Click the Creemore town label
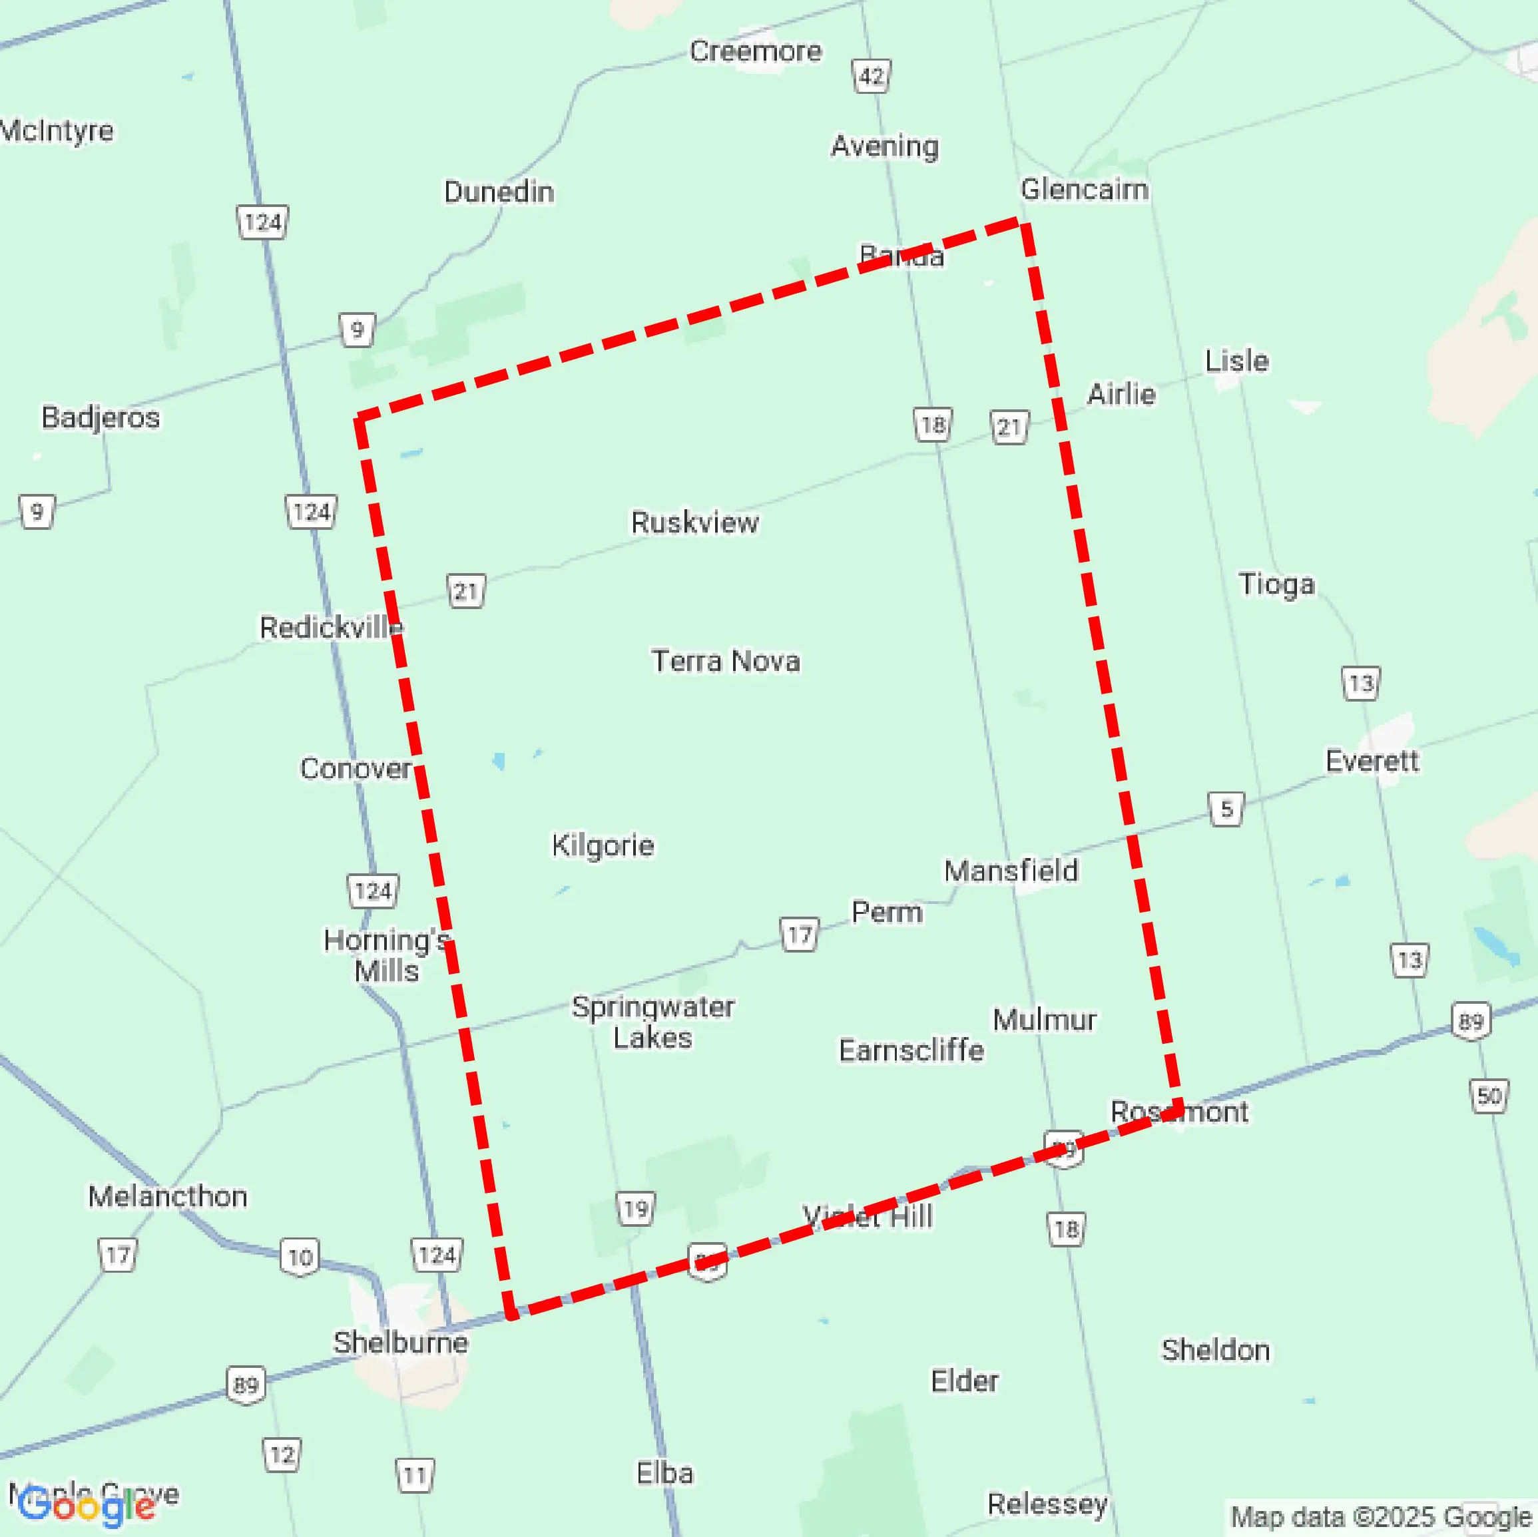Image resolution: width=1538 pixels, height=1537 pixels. [754, 51]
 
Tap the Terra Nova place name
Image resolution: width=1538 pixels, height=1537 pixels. [725, 660]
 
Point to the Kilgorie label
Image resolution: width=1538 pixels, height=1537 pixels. [603, 845]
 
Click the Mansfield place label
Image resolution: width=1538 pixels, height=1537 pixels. [1011, 871]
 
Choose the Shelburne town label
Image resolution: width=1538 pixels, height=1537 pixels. [400, 1342]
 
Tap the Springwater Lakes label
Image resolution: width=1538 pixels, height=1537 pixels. [652, 1022]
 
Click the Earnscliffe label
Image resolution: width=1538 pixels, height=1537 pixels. [911, 1050]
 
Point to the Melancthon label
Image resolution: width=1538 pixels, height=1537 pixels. [167, 1196]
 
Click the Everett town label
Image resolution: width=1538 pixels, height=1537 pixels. [1372, 761]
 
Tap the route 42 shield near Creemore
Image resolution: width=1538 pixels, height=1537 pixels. [872, 77]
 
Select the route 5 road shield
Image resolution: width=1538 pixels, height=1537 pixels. [1226, 809]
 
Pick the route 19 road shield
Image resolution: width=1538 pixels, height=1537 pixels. [636, 1209]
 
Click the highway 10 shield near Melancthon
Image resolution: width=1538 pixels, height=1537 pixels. [300, 1257]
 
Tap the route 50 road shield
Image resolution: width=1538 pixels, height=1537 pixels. [1489, 1096]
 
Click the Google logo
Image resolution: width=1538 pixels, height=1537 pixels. [86, 1506]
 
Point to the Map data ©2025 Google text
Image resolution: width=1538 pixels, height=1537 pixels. [1381, 1516]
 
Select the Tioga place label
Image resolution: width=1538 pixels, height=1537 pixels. [1276, 584]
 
